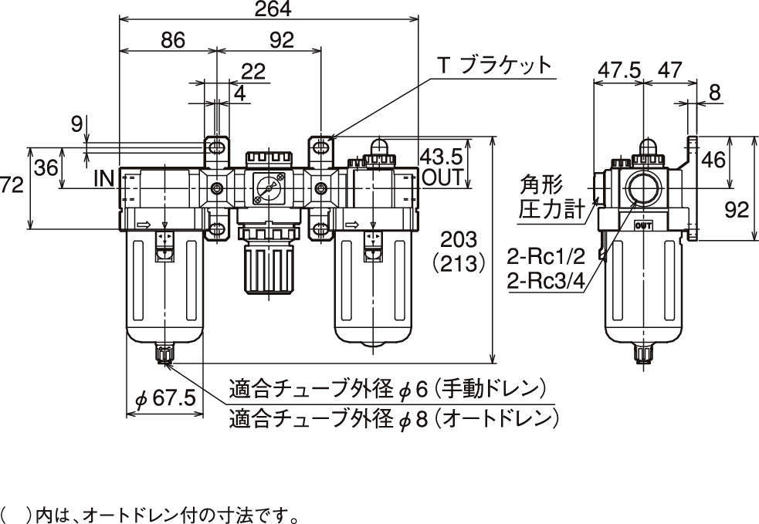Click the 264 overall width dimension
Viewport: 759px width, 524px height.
(267, 11)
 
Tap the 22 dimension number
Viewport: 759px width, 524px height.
(253, 72)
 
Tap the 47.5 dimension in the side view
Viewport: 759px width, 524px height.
(618, 70)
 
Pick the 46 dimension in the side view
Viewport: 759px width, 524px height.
(714, 161)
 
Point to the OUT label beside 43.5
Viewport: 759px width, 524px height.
(442, 177)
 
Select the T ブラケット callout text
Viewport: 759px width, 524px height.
(496, 65)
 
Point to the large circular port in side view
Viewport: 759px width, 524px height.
(643, 188)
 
